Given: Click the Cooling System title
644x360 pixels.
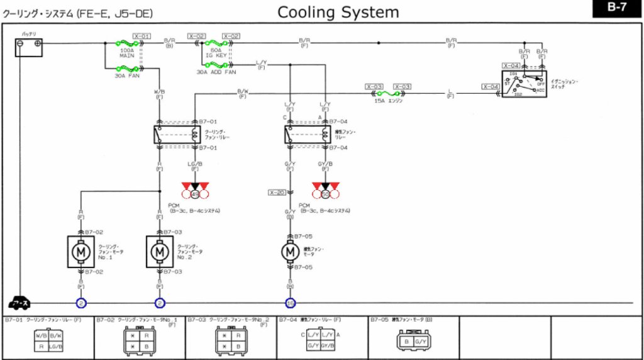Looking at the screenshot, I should coord(338,12).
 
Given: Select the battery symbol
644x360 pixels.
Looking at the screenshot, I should coord(29,47).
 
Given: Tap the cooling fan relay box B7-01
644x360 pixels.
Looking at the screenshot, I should coord(178,134).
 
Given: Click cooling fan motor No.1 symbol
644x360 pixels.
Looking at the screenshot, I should coord(80,252).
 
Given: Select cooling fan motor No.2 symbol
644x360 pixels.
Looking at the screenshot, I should coord(160,252).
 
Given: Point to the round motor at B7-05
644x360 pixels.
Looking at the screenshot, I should coord(290,251).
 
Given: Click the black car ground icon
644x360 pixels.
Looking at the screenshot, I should coord(21,303).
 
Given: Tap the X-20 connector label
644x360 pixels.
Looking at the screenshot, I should coord(277,192).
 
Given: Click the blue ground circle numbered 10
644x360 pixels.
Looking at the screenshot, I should coord(290,303).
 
